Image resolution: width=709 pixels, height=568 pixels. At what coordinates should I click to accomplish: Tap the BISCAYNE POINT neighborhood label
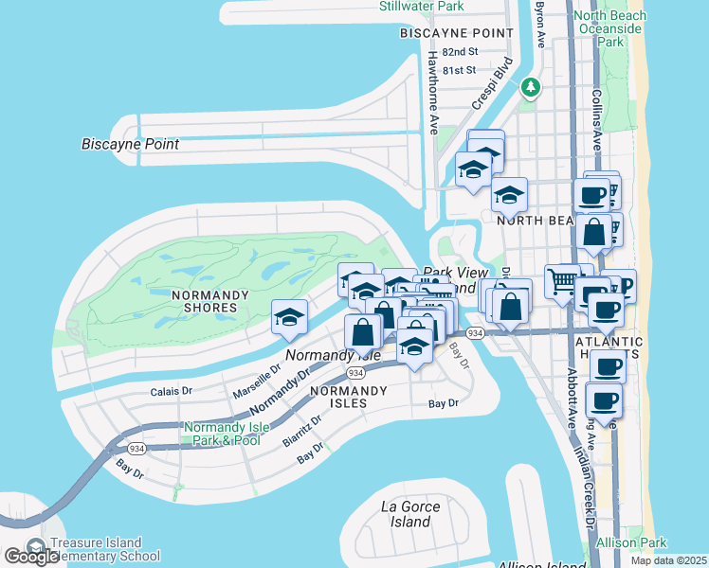click(x=457, y=33)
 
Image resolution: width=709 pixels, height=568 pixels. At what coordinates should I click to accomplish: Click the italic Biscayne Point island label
click(x=130, y=144)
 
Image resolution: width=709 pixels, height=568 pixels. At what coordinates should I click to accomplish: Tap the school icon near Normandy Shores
click(x=288, y=318)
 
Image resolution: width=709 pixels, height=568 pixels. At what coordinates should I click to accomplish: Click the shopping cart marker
click(x=562, y=281)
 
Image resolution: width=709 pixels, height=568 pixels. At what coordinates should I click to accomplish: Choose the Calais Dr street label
click(x=172, y=390)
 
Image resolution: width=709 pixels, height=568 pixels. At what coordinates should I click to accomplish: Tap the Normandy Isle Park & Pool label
click(x=222, y=434)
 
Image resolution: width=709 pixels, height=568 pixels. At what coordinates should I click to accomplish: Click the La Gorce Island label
click(x=410, y=514)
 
